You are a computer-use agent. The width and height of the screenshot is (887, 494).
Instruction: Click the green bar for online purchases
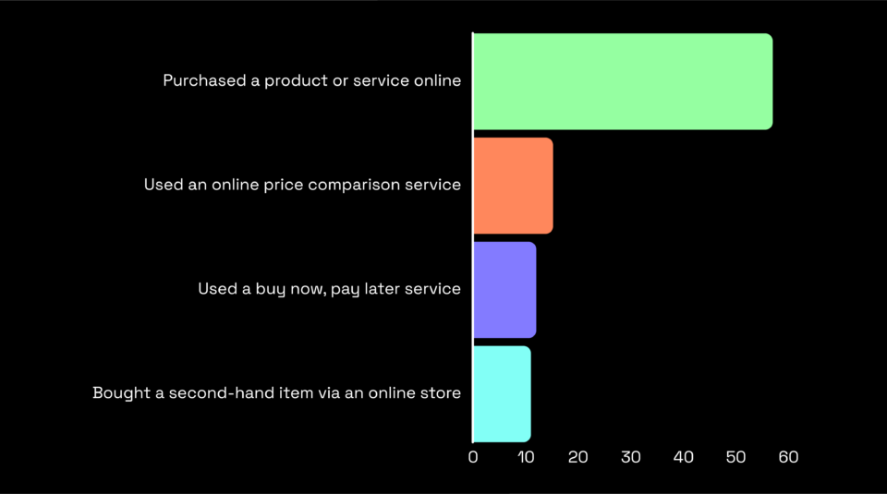622,81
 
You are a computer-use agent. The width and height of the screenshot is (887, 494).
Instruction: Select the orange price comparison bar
513,186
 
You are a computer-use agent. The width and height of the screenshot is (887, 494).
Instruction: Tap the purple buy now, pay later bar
504,289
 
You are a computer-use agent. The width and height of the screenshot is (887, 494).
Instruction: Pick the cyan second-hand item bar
502,393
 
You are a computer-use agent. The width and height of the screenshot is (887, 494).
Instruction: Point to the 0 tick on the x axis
473,457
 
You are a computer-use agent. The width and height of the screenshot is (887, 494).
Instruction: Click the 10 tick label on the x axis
525,457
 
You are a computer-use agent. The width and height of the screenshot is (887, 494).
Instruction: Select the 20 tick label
577,457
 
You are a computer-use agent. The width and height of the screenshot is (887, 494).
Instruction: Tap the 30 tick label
630,457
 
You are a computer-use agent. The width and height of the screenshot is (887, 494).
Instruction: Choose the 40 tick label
683,457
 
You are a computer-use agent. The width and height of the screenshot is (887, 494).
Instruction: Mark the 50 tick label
735,457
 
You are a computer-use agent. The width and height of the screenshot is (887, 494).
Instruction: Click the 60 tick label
788,457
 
